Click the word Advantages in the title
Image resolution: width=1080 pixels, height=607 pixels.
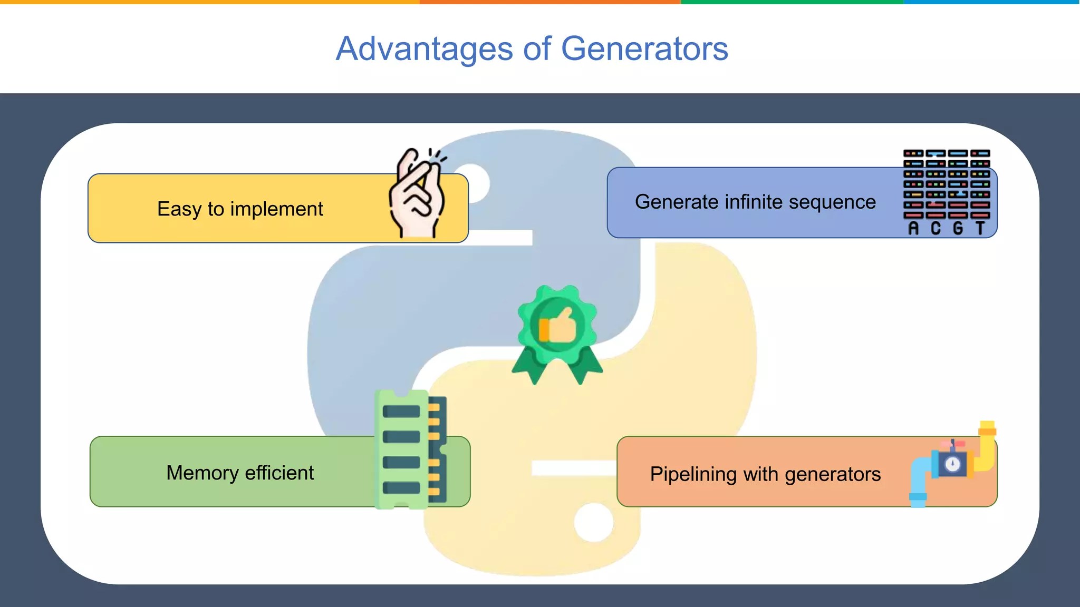pos(425,49)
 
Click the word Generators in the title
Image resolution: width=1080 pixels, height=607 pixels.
pos(644,49)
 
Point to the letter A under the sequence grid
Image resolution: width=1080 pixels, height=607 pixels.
pos(913,228)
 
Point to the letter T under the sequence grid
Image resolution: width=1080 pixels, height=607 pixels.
pos(980,228)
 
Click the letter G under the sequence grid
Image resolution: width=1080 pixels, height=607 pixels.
pos(958,228)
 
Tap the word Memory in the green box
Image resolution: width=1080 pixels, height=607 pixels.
pos(202,473)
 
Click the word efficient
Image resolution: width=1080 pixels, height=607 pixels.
pos(279,473)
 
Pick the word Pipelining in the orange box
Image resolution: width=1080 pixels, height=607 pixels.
pos(693,474)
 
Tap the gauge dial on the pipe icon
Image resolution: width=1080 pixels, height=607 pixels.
pos(952,464)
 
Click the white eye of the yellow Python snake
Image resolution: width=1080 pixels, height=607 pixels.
pos(593,522)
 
